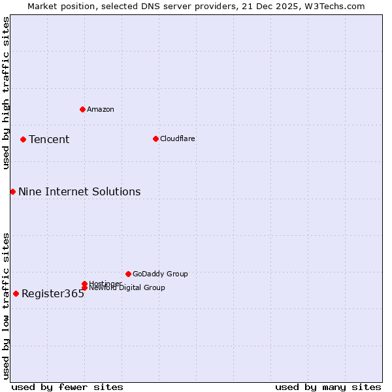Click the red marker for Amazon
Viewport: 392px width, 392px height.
(82, 109)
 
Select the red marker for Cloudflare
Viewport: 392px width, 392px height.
(155, 139)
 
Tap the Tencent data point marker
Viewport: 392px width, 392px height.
(23, 139)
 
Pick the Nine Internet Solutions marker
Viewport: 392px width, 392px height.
(12, 191)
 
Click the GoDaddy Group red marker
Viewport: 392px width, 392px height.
(128, 274)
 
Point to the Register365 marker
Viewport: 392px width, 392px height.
(16, 293)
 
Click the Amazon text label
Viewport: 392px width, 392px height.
(101, 109)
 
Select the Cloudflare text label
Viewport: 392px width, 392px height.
(178, 139)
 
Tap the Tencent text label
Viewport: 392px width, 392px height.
(49, 139)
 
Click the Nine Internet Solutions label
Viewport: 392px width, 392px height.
(79, 191)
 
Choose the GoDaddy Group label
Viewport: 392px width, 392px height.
(160, 274)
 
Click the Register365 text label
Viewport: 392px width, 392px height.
(53, 293)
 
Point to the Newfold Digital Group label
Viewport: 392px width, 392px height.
(127, 288)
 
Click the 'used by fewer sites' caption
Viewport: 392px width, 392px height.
(67, 387)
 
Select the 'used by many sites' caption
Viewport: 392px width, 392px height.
(328, 387)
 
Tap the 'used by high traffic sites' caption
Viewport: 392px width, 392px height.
(6, 93)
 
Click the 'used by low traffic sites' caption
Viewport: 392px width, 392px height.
(6, 306)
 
